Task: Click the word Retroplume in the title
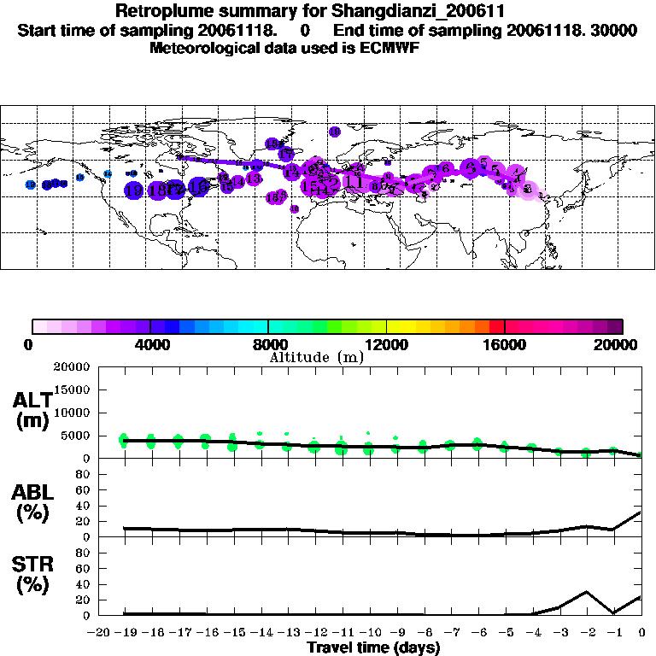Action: point(160,12)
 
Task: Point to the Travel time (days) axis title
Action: point(373,648)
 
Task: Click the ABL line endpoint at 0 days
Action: point(641,512)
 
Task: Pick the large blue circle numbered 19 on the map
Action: point(134,190)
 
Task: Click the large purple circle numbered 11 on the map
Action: point(354,182)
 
